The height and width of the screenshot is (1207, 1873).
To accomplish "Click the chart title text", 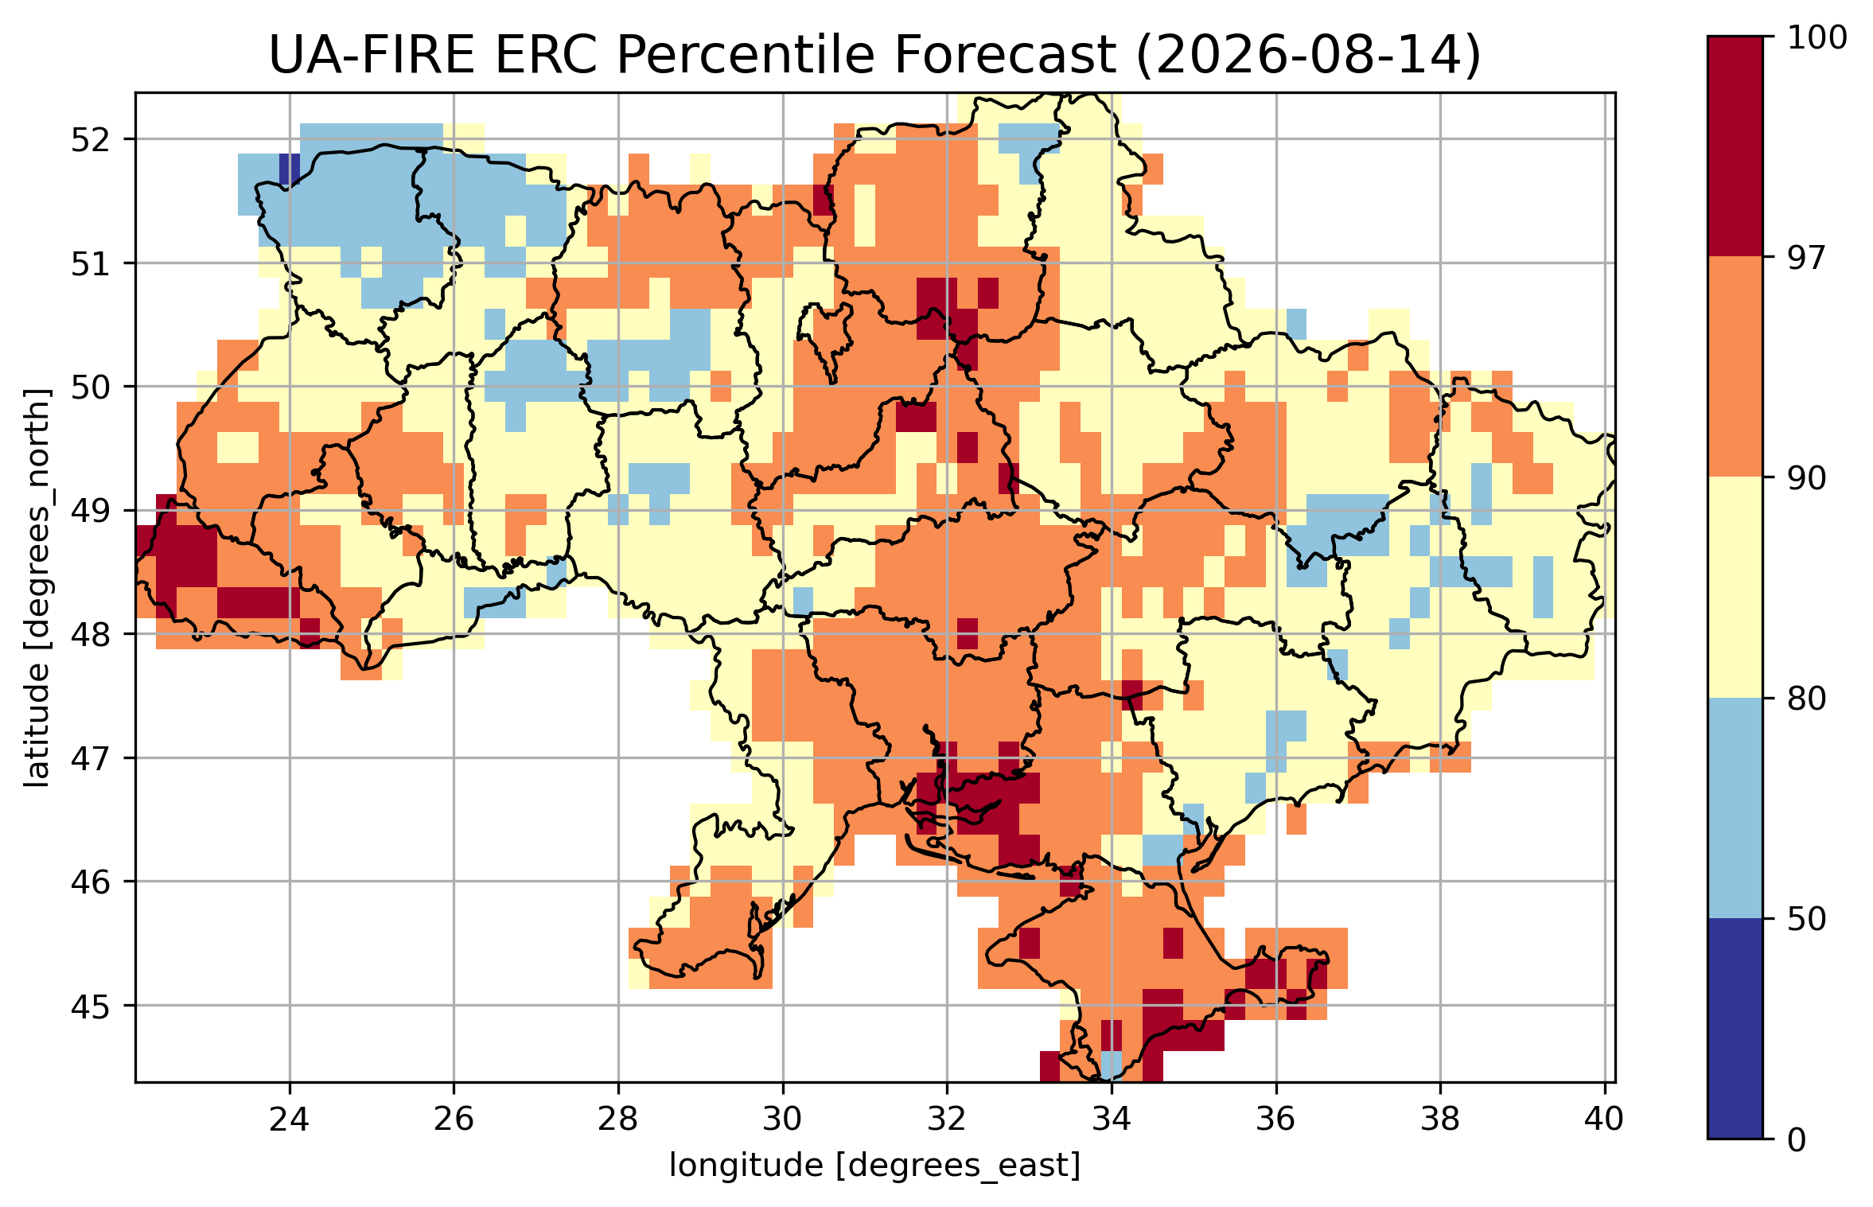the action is [874, 55].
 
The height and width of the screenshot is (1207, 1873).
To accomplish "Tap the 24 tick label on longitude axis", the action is [289, 1119].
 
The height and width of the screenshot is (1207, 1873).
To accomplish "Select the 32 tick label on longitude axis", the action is [947, 1119].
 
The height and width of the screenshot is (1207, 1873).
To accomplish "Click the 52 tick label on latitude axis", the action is [91, 140].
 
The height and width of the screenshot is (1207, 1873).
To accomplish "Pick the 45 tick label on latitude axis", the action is [91, 1006].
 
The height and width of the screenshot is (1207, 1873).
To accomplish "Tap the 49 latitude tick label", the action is [91, 511].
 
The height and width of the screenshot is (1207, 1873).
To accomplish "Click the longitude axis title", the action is [874, 1166].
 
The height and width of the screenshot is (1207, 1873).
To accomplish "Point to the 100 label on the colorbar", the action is [1817, 37].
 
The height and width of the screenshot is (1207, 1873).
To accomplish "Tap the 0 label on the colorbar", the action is [1797, 1140].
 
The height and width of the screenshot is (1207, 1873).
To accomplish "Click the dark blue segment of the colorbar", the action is [1735, 1029].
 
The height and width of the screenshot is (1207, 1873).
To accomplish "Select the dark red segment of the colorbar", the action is [1735, 146].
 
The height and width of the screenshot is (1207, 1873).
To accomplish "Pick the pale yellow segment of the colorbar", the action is [1735, 587].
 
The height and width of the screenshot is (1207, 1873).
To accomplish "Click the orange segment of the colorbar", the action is [1735, 367].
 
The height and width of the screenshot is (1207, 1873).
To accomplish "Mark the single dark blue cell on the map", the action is [290, 169].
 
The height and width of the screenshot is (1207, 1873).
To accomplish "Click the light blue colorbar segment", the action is [1735, 808].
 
